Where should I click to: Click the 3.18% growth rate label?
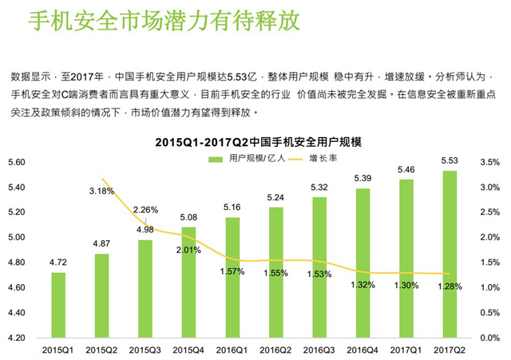coord(101,191)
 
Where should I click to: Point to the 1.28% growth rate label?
coord(450,286)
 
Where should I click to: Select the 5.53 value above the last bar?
coord(450,162)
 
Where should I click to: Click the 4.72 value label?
coord(58,261)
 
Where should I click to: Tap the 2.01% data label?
coord(188,249)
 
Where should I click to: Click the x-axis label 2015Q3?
coord(145,350)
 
